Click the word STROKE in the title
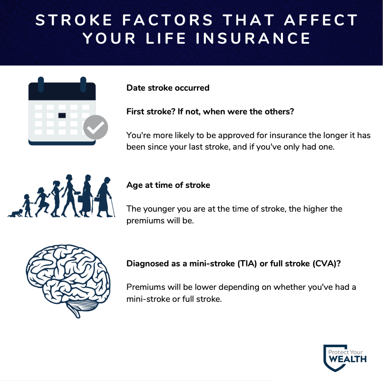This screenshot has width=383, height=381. click(74, 20)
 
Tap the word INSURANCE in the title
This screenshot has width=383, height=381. click(253, 39)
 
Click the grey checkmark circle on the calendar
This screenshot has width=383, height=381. click(95, 127)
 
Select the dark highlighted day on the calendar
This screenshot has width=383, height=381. click(62, 116)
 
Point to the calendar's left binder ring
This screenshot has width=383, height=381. click(41, 84)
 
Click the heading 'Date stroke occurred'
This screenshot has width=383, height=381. click(168, 88)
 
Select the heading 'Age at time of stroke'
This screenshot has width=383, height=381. click(168, 185)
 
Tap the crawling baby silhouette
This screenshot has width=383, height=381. click(16, 213)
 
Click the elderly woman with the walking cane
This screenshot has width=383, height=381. click(104, 197)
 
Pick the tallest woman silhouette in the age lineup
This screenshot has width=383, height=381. click(70, 195)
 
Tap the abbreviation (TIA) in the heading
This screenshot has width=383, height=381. click(247, 264)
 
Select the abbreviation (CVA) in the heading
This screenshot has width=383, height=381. click(324, 264)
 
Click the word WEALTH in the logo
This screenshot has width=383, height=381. click(347, 359)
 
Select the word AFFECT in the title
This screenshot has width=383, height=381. click(321, 20)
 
